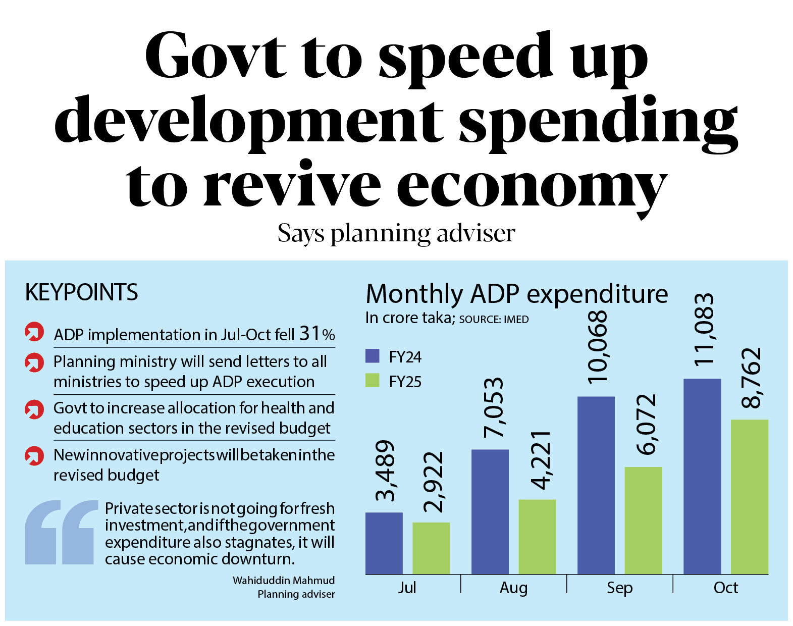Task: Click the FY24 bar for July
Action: tap(384, 543)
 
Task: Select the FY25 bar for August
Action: tap(537, 537)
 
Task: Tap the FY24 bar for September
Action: tap(596, 485)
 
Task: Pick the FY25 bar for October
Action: tap(749, 497)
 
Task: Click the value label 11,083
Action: tap(703, 329)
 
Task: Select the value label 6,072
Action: tap(646, 425)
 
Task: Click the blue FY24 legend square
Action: tap(372, 356)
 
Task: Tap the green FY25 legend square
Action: tap(372, 381)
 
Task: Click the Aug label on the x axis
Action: tap(513, 588)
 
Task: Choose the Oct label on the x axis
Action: tap(725, 588)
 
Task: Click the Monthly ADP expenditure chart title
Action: tap(516, 294)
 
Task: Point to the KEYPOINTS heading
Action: tap(81, 292)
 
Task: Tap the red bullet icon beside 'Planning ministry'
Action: tap(34, 362)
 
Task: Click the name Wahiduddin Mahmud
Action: tap(283, 581)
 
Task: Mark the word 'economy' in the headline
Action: tap(532, 186)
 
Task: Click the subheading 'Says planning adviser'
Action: tap(396, 234)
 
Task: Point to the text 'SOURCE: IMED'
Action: tap(494, 320)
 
